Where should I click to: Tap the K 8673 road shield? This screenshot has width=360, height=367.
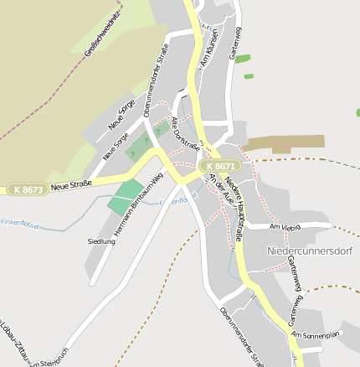coord(28,190)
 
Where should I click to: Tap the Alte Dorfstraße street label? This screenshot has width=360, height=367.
coord(185,134)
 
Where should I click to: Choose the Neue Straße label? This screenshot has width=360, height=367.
coord(70,187)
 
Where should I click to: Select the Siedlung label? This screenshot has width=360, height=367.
coord(101,241)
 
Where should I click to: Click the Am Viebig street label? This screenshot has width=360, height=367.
coord(285,227)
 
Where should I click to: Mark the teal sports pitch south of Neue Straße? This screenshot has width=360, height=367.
coord(125,199)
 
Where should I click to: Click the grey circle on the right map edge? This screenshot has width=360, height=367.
coord(357,112)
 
